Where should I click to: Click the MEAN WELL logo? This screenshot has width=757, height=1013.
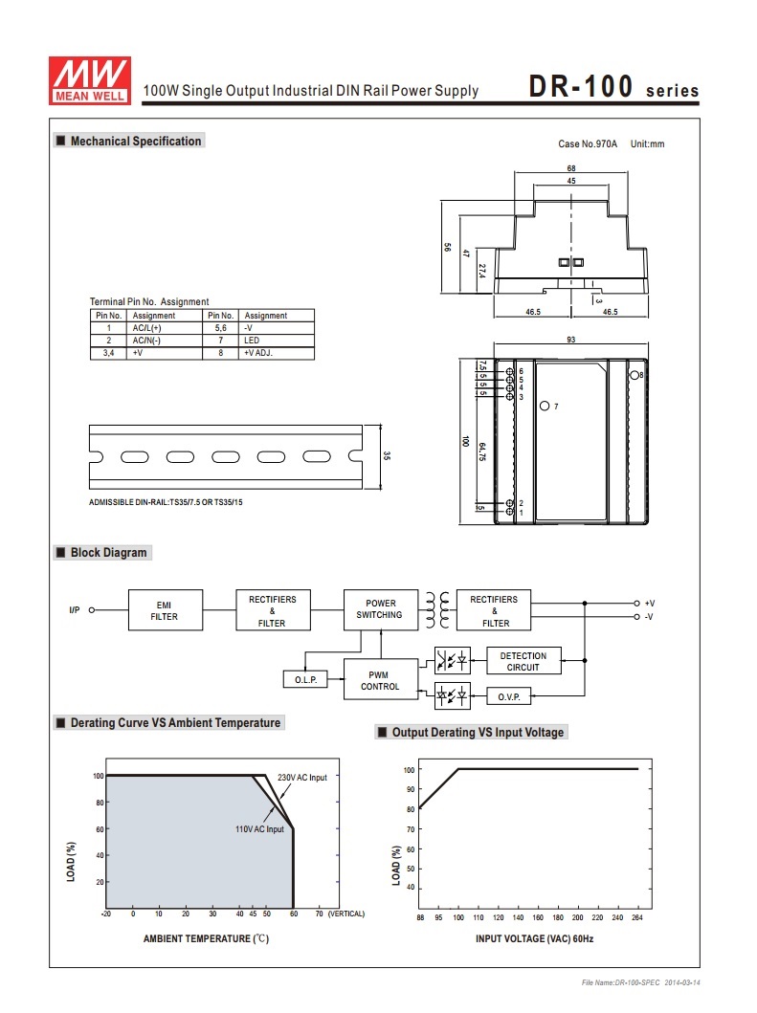(90, 80)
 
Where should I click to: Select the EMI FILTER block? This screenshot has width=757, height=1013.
(166, 610)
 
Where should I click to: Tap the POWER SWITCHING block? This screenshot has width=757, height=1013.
(381, 609)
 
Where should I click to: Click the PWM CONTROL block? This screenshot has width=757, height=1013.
(381, 679)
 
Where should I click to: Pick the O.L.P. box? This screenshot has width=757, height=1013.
(306, 680)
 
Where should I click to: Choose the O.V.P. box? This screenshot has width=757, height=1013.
(509, 696)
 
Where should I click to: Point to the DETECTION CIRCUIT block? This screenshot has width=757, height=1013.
(523, 661)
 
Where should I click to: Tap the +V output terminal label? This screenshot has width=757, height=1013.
(649, 604)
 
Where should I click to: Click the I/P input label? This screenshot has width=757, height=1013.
(75, 610)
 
